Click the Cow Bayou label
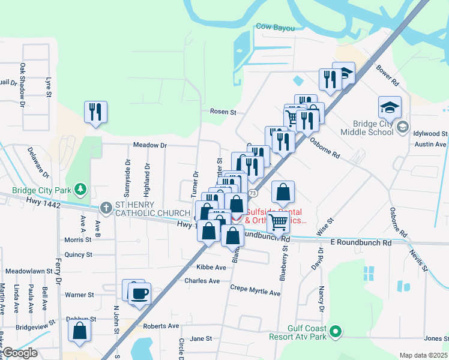[x=273, y=26]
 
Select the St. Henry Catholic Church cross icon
[x=106, y=208]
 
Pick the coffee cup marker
[x=139, y=293]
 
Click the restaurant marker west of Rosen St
[x=95, y=112]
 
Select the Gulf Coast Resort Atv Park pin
[x=336, y=331]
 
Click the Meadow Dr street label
[x=149, y=145]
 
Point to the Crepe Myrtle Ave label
[x=255, y=290]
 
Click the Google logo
[x=20, y=353]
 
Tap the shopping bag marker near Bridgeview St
[x=79, y=331]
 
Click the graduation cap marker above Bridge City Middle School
[x=390, y=107]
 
